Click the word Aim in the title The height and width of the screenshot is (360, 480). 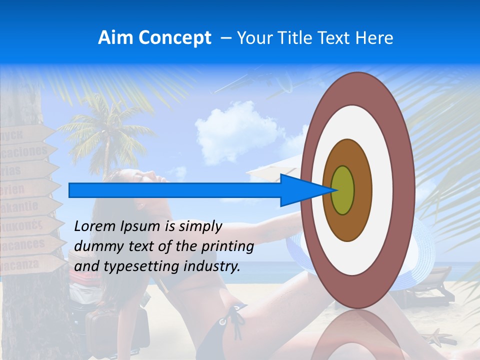115,38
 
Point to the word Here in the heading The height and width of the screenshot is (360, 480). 374,38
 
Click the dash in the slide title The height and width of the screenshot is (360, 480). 225,38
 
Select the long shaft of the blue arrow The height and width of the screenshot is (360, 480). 175,190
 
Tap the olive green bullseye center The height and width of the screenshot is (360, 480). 342,190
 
